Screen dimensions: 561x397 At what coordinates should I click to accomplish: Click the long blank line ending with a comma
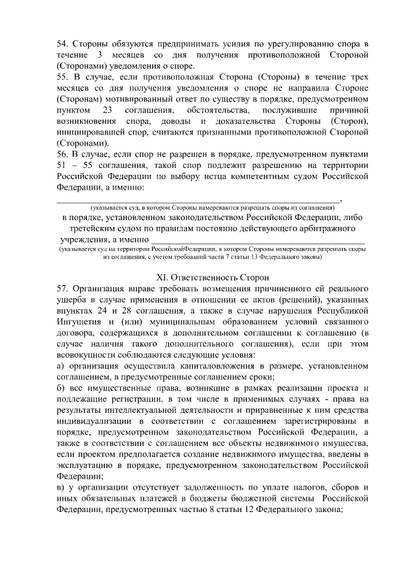click(198, 200)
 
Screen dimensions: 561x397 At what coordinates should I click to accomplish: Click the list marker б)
click(61, 389)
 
